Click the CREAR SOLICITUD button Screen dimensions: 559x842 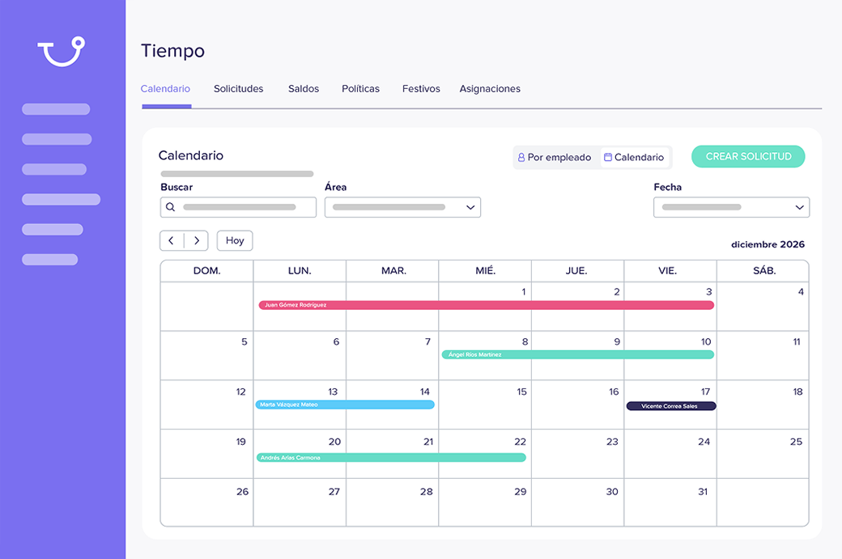(748, 157)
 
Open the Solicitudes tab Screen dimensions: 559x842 (238, 89)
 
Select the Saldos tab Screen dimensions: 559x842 (304, 89)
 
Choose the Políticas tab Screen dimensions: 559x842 (360, 89)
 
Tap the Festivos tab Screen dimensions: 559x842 (421, 89)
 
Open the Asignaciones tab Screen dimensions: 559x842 (490, 89)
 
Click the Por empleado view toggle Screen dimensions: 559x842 (555, 158)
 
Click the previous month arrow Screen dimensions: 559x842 (172, 241)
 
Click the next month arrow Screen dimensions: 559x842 (197, 241)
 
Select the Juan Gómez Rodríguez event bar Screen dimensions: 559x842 (486, 305)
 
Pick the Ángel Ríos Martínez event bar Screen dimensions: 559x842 (577, 354)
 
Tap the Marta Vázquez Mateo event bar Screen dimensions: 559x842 (345, 404)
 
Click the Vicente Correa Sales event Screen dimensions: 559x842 (671, 406)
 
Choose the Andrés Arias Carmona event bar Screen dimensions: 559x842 (391, 458)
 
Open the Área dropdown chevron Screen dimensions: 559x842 (470, 208)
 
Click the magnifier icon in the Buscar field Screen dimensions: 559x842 (171, 207)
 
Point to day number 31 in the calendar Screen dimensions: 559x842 (703, 492)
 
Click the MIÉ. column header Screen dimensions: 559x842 (485, 271)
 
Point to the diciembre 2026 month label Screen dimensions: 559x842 (768, 244)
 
